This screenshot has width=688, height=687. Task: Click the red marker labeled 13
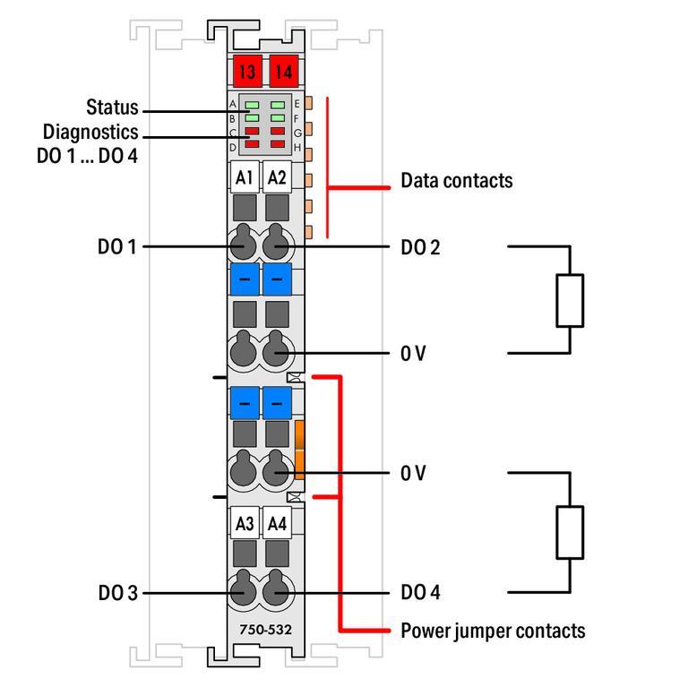tap(245, 70)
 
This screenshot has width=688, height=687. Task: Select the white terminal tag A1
tap(244, 178)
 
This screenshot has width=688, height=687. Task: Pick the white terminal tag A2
tap(278, 178)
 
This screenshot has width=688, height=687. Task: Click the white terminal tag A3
tap(244, 523)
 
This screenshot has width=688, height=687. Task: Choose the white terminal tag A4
tap(278, 523)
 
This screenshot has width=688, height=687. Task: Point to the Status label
tap(112, 107)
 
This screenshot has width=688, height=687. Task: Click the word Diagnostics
tap(90, 132)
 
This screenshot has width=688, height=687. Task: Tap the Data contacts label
tap(456, 180)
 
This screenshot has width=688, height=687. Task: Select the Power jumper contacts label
tap(493, 631)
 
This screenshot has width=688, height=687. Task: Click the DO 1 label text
tap(117, 246)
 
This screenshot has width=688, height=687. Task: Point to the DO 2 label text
tap(420, 247)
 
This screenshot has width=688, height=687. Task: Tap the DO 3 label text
tap(117, 593)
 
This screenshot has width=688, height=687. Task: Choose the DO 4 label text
tap(420, 593)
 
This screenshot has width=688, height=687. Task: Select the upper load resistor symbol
tap(570, 300)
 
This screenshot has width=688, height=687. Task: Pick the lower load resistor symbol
tap(570, 532)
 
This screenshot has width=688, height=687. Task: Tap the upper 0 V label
tap(413, 354)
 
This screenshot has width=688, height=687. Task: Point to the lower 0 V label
tap(413, 473)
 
